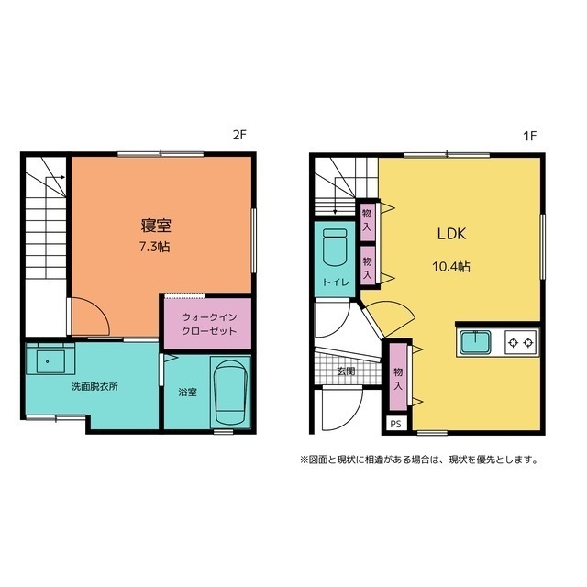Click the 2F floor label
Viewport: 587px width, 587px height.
[x=239, y=135]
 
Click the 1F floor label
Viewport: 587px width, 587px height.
[x=529, y=136]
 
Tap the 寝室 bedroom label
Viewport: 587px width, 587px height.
[x=156, y=226]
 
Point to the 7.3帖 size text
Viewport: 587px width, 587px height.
[x=155, y=247]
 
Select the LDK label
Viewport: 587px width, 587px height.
[x=452, y=234]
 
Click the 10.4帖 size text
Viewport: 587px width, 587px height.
[x=451, y=267]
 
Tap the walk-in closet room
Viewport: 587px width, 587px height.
[x=208, y=324]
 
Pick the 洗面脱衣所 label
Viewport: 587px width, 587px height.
[x=94, y=387]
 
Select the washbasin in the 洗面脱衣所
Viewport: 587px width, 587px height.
[x=50, y=360]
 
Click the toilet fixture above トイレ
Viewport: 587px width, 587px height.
[x=335, y=247]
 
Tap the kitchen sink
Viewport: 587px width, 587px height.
[x=475, y=342]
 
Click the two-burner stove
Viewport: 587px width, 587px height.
[x=521, y=342]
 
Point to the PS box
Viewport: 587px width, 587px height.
[x=396, y=424]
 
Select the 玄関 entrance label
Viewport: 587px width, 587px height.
[x=347, y=371]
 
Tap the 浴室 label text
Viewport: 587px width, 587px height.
[x=187, y=392]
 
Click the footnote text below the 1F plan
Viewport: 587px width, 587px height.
[x=419, y=460]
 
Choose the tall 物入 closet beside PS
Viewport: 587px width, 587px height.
[x=397, y=377]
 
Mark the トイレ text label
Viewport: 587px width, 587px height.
[x=336, y=282]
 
